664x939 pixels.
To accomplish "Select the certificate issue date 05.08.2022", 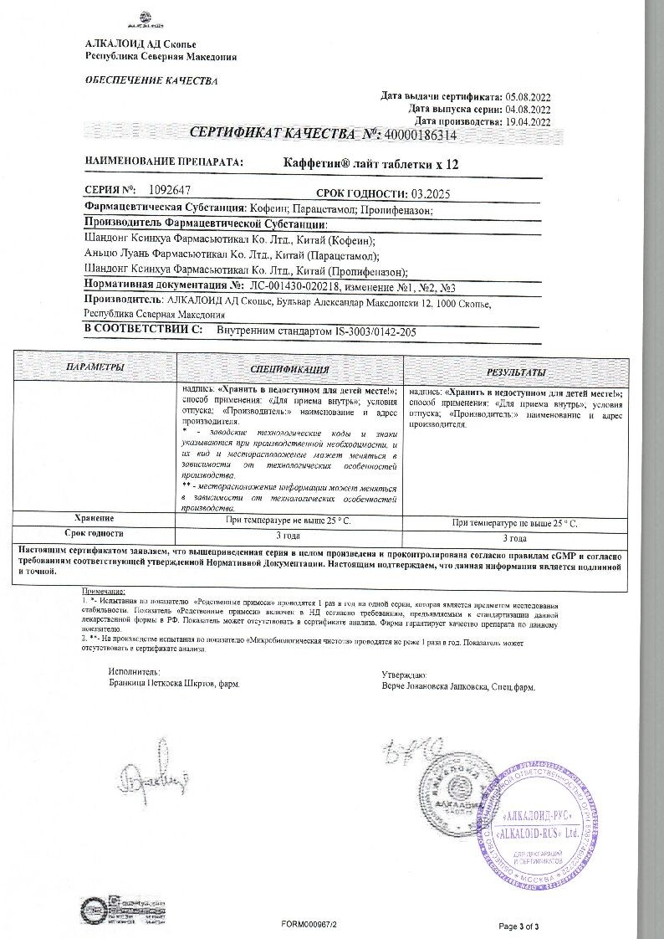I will click(529, 96).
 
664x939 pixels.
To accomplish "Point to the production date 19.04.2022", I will click(529, 121).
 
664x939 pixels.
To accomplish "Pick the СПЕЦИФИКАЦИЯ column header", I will click(289, 369).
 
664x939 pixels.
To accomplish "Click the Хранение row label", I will click(94, 518).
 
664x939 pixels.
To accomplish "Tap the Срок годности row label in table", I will click(94, 532).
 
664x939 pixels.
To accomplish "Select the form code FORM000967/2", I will click(309, 926).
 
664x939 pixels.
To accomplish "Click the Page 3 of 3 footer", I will click(518, 926).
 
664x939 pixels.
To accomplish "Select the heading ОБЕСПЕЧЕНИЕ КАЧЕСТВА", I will click(151, 81).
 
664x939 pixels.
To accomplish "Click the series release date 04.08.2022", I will click(529, 109).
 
